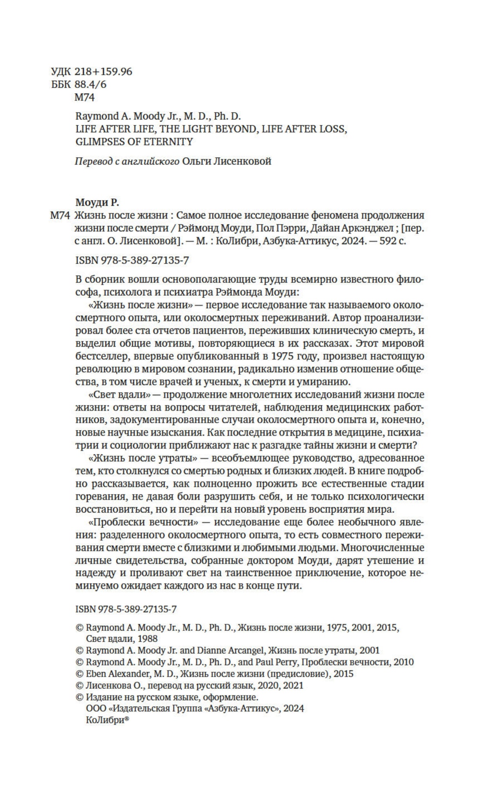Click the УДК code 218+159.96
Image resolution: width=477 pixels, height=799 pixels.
(103, 71)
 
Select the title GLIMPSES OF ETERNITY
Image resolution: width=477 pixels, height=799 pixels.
(134, 141)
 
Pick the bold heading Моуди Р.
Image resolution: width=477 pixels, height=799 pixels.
(97, 202)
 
